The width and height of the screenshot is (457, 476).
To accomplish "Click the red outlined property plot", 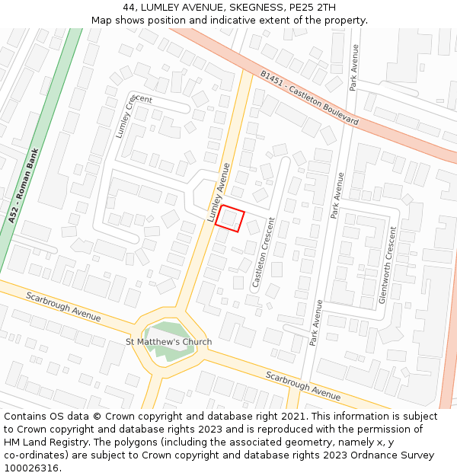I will pyautogui.click(x=230, y=219).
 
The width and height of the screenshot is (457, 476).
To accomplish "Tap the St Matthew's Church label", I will pyautogui.click(x=168, y=342).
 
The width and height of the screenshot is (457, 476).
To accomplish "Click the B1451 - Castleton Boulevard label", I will pyautogui.click(x=308, y=98).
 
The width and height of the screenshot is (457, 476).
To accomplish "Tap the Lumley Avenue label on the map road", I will pyautogui.click(x=219, y=193).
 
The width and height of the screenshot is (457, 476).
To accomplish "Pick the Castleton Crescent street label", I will pyautogui.click(x=264, y=251).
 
